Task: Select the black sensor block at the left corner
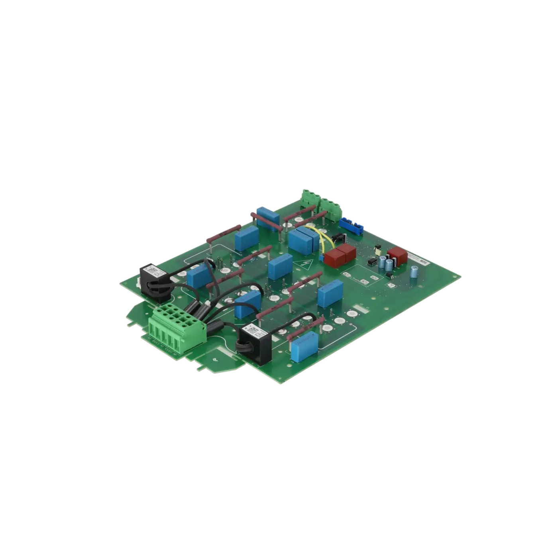[x=153, y=281]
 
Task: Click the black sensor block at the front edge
[x=255, y=343]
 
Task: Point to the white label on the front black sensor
[x=253, y=330]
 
